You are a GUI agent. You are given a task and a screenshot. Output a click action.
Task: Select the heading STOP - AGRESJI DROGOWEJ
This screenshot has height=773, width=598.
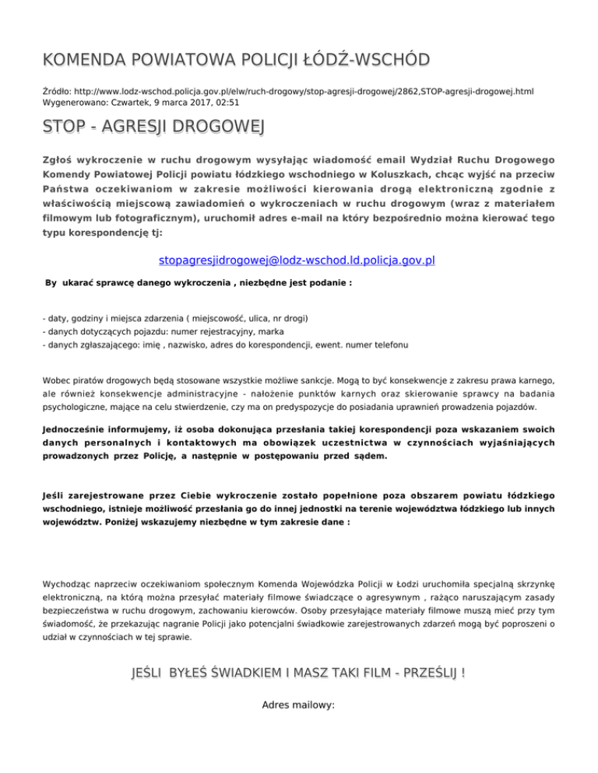click(154, 127)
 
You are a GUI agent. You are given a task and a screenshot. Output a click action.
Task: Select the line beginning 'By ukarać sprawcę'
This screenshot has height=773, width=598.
click(199, 284)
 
